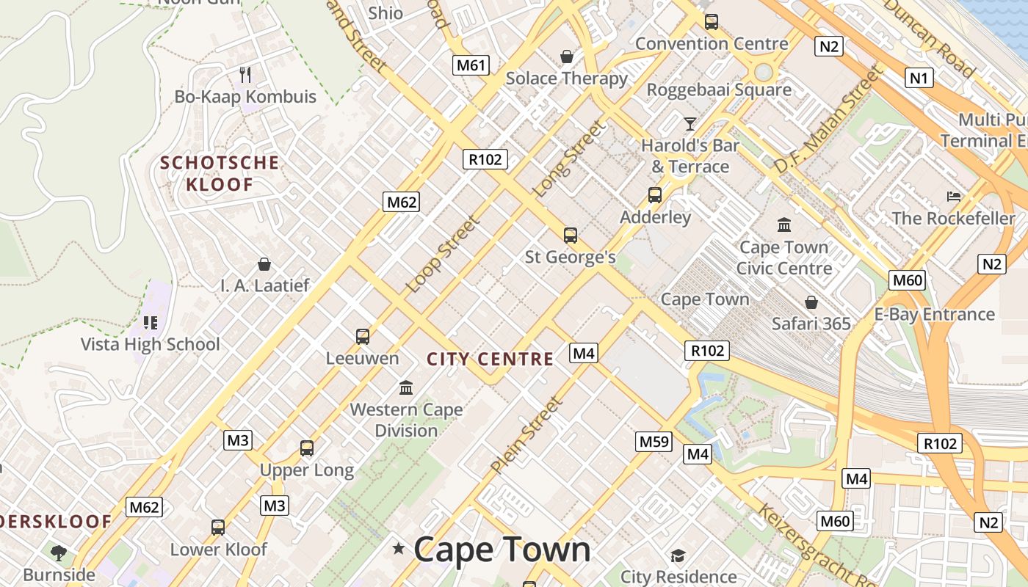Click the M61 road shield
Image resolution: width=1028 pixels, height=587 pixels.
click(471, 65)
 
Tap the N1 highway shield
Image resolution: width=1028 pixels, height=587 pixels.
click(919, 78)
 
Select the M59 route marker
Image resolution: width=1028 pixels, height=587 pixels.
click(654, 441)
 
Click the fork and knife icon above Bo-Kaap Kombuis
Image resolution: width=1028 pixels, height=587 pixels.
click(245, 74)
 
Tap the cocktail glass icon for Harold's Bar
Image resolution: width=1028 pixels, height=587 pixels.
click(689, 123)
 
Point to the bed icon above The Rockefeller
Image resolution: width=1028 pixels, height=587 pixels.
click(954, 196)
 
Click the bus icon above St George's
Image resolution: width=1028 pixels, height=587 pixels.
click(571, 236)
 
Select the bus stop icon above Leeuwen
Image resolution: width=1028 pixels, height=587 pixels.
click(363, 337)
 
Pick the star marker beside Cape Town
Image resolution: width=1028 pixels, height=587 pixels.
click(399, 548)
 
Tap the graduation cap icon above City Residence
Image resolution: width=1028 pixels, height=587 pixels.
click(677, 555)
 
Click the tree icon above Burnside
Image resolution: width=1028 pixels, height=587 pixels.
click(59, 553)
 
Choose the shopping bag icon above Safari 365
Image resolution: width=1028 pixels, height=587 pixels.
click(811, 302)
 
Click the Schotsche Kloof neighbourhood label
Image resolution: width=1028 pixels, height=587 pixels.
click(220, 173)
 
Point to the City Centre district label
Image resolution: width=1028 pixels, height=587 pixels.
click(491, 359)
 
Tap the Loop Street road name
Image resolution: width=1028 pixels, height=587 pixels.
click(444, 253)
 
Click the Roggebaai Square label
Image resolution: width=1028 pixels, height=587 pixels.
click(719, 90)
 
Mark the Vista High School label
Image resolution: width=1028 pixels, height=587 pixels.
click(150, 344)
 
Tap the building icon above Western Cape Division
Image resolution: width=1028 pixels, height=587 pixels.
click(406, 387)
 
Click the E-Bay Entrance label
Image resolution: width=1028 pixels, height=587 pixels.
click(934, 315)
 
